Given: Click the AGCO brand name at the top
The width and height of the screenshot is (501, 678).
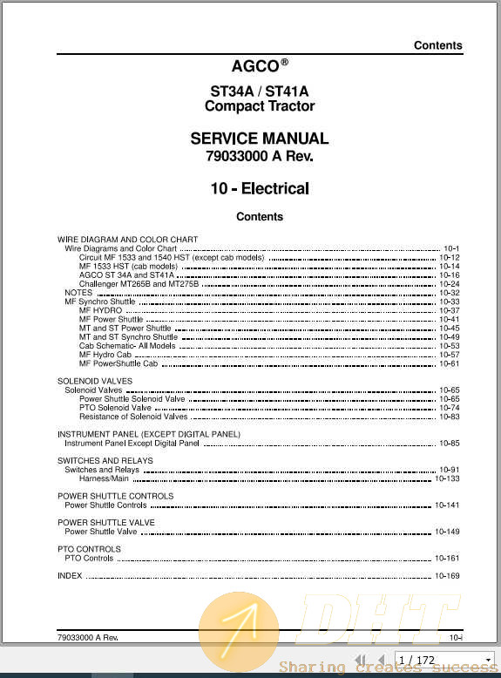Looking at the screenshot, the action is (254, 65).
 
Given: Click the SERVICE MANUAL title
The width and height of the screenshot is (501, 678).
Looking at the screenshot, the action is (259, 139).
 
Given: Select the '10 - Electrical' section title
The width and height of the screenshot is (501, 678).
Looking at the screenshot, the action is (259, 188).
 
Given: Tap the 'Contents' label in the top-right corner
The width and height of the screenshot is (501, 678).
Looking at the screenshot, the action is (437, 45).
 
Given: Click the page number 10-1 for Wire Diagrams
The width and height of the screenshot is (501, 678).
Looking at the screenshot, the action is (450, 249).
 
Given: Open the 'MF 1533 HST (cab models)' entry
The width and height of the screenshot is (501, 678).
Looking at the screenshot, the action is (128, 267).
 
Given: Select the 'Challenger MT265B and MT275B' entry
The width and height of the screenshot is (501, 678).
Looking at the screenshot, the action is (139, 284).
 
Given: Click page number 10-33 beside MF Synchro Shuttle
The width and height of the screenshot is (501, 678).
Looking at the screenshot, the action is (449, 302).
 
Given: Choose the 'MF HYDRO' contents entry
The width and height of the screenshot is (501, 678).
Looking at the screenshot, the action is (100, 310).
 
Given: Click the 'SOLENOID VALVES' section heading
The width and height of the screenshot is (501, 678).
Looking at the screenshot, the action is (95, 382).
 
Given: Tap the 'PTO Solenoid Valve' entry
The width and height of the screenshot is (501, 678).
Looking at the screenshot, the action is (115, 408).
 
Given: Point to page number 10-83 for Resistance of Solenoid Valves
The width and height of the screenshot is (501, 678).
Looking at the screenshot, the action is (449, 417).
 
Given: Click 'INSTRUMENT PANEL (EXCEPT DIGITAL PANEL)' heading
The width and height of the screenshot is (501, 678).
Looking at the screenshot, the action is (149, 434).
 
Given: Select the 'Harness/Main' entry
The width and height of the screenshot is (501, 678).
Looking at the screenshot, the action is (104, 478).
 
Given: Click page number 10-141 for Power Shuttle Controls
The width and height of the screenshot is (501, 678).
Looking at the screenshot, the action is (447, 505).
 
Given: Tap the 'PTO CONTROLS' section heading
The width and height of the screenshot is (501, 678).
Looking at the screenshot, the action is (89, 549).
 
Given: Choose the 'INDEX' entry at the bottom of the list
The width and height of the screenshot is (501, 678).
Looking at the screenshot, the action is (70, 576).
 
